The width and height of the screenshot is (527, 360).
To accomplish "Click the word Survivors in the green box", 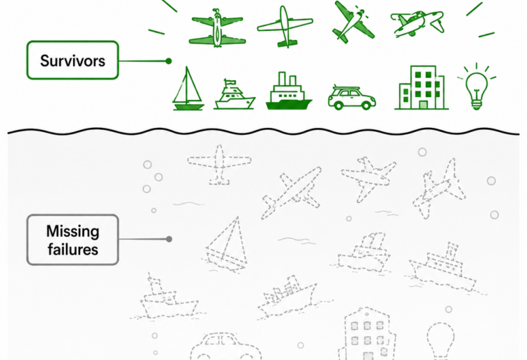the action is [72, 61].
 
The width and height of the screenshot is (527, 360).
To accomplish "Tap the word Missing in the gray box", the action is [72, 231].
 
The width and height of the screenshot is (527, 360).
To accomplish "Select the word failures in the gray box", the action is [72, 250].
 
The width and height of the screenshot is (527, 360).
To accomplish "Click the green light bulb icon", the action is [476, 86].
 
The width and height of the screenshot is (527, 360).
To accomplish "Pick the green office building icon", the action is [422, 87].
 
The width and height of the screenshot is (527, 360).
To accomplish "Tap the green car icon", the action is [351, 98].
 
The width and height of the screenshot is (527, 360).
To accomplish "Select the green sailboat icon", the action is [188, 89].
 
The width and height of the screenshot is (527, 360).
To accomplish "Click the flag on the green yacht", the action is [230, 82].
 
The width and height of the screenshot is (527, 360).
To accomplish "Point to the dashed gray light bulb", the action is [441, 340].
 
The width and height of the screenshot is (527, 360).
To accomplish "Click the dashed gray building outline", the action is [367, 334].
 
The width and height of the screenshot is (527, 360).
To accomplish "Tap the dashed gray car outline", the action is [226, 347].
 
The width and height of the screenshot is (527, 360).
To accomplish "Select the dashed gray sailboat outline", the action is [226, 245].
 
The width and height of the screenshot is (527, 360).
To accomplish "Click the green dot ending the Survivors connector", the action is [169, 61].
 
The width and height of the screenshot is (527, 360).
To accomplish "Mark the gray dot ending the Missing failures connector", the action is [169, 239].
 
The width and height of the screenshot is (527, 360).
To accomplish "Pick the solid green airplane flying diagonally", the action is [353, 22].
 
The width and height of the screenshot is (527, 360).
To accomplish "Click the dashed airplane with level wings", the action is [219, 165].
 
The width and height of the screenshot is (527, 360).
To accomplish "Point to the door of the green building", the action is [424, 105].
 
